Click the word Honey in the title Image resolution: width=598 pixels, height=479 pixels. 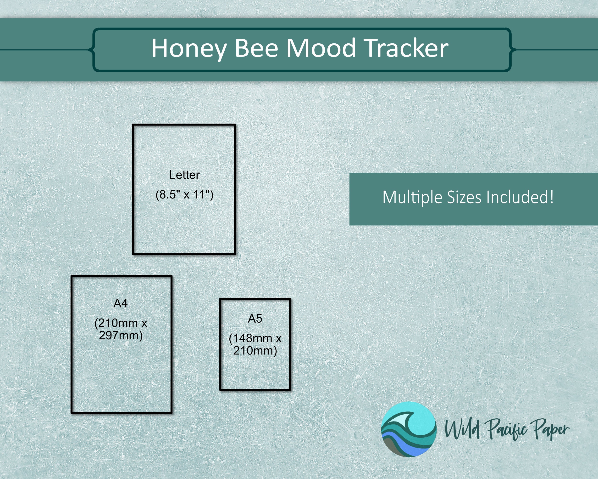[x=188, y=49]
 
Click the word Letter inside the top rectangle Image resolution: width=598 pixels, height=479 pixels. [x=184, y=175]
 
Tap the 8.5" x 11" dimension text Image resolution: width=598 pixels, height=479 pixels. [x=184, y=194]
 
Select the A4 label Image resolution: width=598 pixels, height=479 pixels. [x=121, y=303]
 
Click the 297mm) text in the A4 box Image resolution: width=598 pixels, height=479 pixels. [x=121, y=336]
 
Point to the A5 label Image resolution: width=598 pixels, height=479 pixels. [x=255, y=319]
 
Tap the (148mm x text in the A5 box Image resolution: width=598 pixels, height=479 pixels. [x=255, y=338]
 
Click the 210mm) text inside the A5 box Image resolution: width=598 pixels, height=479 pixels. [x=255, y=351]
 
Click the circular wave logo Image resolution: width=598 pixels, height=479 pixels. [x=409, y=429]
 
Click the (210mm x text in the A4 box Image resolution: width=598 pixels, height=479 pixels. [x=121, y=323]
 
